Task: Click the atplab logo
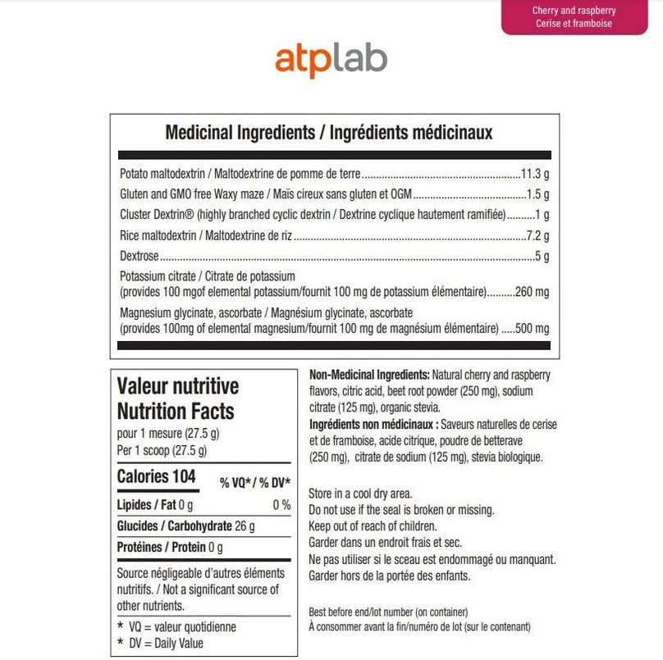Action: pos(331,61)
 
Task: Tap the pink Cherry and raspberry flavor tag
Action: pos(574,17)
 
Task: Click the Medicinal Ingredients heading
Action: pos(329,132)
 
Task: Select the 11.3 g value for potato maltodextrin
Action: pos(535,175)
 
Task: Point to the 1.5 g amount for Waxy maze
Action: pos(538,195)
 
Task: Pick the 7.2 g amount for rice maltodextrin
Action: pos(538,236)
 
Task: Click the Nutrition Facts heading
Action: pos(176,412)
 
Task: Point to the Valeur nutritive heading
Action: pos(178,386)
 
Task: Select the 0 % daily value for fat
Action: pos(281,505)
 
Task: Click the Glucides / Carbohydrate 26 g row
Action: pos(186,526)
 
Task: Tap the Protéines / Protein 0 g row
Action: pos(170,547)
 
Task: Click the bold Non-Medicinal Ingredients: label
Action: pos(368,374)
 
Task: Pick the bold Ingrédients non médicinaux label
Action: pos(373,425)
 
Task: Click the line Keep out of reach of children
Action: pos(373,526)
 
